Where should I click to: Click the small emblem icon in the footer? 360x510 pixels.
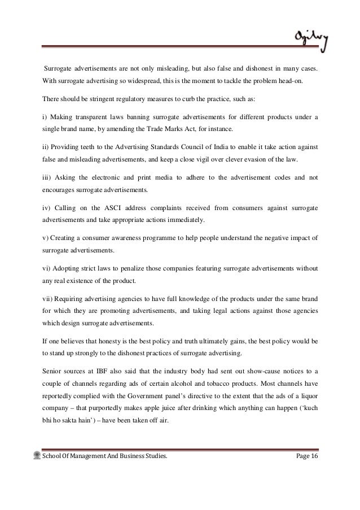click(37, 455)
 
